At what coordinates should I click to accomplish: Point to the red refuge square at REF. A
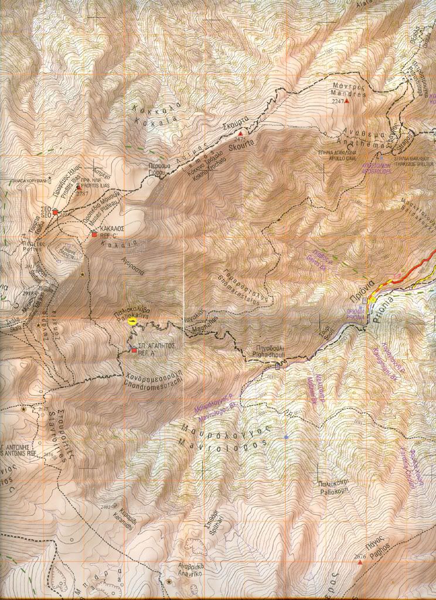click(x=134, y=350)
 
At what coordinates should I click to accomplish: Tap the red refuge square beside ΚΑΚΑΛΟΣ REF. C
click(x=93, y=234)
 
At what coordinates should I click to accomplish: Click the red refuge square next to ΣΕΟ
click(x=55, y=213)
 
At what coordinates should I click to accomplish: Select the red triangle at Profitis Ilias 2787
click(x=78, y=187)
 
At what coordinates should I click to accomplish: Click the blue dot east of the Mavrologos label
click(x=286, y=437)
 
